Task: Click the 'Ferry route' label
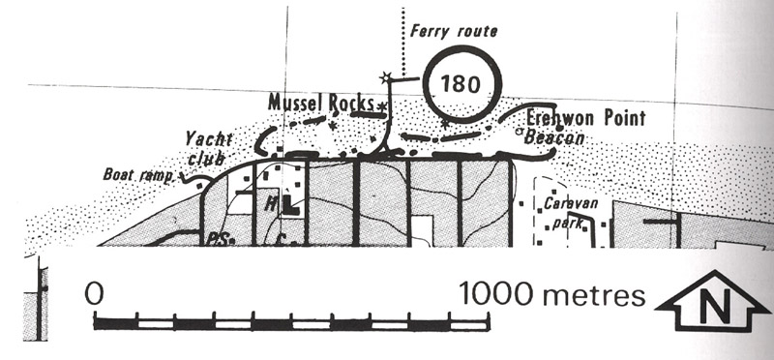pos(454,32)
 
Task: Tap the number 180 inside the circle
pos(461,84)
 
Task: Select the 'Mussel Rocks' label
pos(321,103)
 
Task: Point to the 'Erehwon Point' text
pos(585,118)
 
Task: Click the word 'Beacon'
pos(553,137)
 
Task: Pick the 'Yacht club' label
pos(208,148)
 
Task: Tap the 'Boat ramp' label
pos(138,174)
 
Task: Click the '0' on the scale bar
pos(94,293)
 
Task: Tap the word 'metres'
pos(593,295)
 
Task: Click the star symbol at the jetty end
pos(385,77)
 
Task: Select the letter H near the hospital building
pos(271,203)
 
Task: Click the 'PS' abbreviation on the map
pos(216,240)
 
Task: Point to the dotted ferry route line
pos(403,42)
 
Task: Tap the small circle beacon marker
pos(519,132)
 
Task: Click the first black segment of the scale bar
pos(115,324)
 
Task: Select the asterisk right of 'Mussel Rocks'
pos(381,105)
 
